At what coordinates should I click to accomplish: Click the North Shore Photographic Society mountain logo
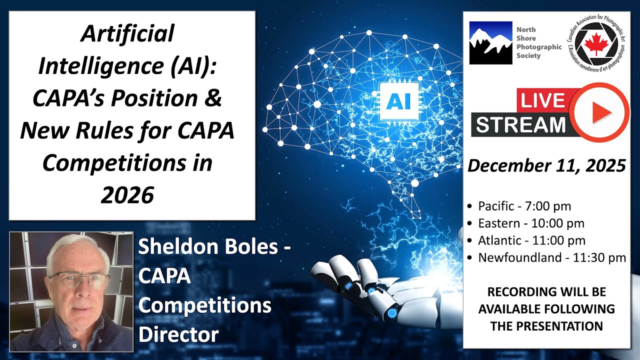tap(490, 42)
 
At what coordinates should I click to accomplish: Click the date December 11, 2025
tap(546, 166)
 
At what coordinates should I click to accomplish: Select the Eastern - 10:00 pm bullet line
tap(531, 223)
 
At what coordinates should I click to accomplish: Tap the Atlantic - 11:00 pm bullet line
tap(531, 240)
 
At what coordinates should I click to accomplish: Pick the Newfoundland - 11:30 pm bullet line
tap(552, 258)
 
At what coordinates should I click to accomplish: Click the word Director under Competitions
tap(178, 334)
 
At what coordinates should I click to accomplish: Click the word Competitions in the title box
tap(127, 163)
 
